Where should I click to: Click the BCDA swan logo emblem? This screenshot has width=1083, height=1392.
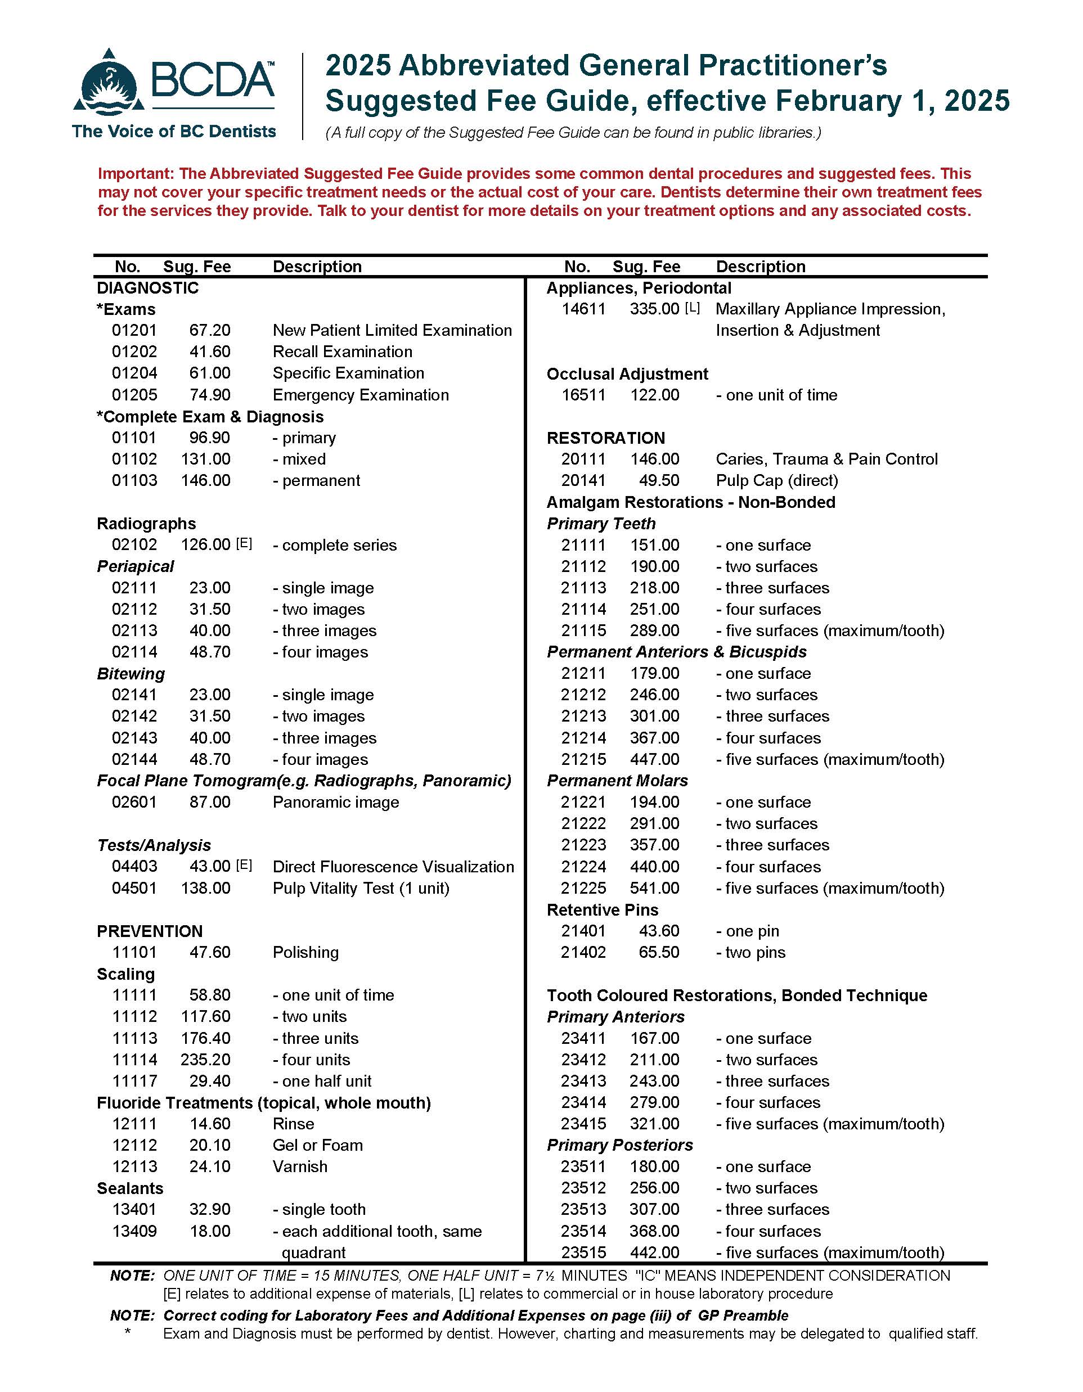tap(109, 83)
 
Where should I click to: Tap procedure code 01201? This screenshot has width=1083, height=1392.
tap(134, 330)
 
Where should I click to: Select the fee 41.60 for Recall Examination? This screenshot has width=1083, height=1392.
tap(210, 352)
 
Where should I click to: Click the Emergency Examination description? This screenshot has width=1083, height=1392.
tap(360, 395)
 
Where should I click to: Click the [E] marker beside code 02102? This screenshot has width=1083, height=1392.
tap(244, 544)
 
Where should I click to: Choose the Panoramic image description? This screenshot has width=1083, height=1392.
tap(335, 802)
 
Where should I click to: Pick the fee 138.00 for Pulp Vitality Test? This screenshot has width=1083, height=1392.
tap(205, 888)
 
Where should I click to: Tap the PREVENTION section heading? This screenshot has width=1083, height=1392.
tap(149, 931)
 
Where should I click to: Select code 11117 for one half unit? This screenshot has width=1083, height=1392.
tap(134, 1081)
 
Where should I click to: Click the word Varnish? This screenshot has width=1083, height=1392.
tap(300, 1166)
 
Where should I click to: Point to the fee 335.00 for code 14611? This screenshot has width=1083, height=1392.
tap(655, 309)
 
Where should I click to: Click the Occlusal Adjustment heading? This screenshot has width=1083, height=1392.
tap(627, 374)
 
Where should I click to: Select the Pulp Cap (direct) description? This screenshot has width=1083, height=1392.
tap(776, 480)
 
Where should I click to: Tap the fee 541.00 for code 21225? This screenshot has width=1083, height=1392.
tap(655, 888)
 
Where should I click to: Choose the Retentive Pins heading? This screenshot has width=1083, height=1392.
tap(602, 909)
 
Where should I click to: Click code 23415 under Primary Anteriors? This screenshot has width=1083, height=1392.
tap(583, 1124)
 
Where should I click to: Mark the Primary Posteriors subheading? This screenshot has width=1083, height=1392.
tap(619, 1145)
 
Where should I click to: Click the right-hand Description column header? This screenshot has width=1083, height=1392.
tap(761, 267)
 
